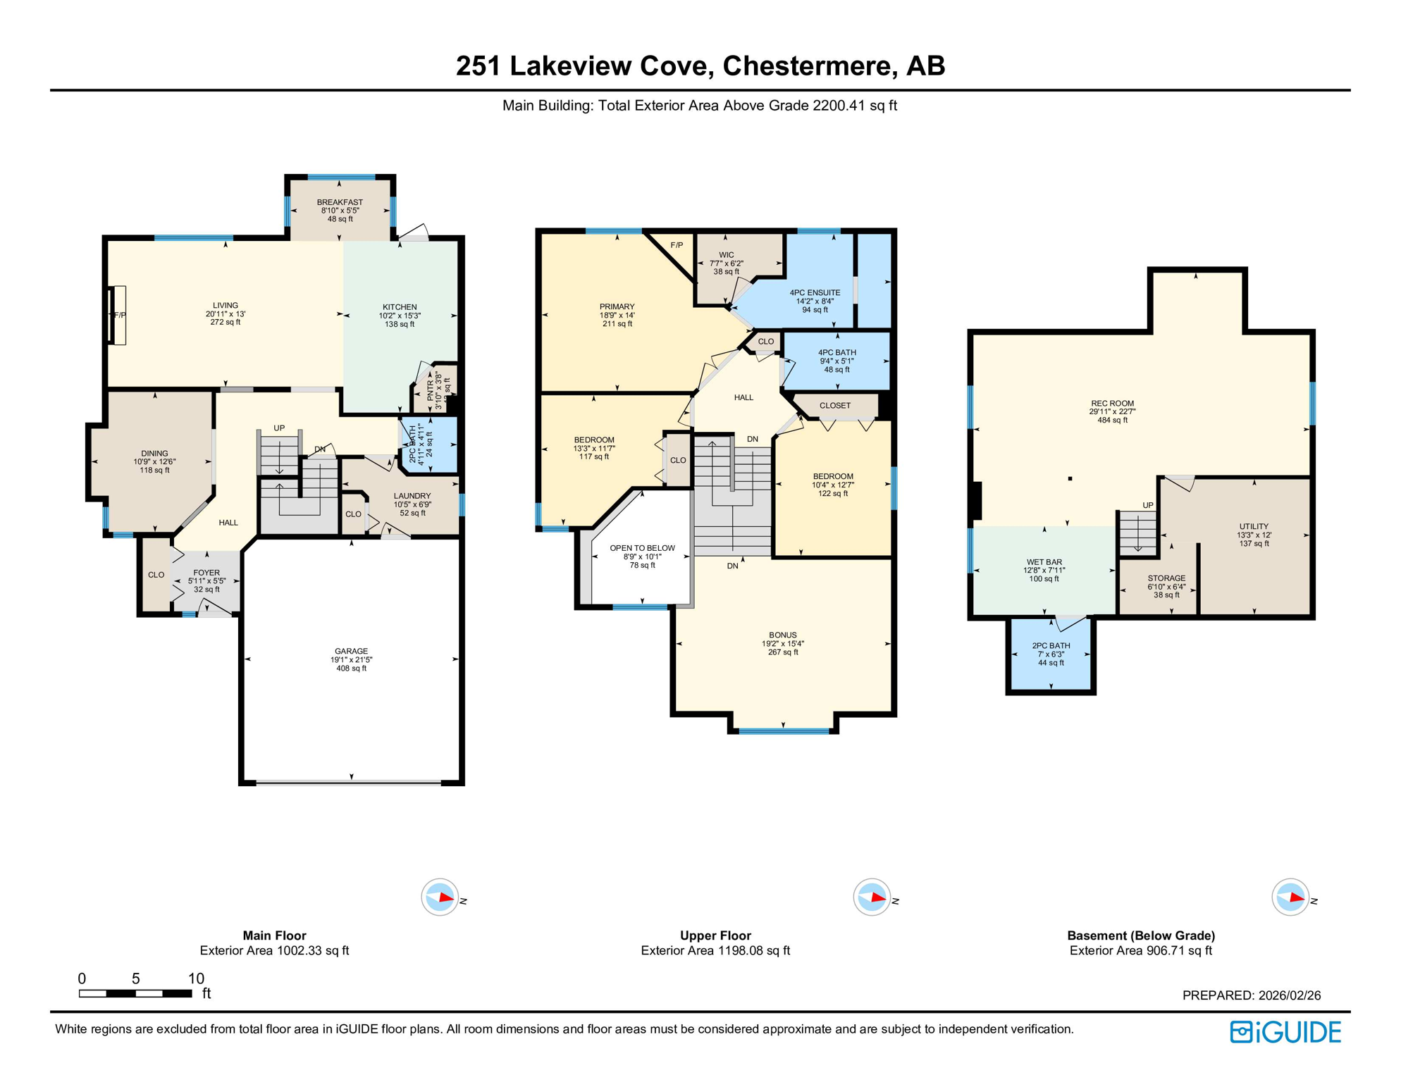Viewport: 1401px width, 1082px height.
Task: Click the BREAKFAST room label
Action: pyautogui.click(x=340, y=202)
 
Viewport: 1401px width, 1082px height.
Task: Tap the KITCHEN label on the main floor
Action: pyautogui.click(x=400, y=307)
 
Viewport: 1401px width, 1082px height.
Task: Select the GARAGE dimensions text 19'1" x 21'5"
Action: pyautogui.click(x=351, y=660)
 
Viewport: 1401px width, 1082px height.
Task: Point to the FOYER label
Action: pyautogui.click(x=206, y=573)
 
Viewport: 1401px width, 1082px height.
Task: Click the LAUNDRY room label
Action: pyautogui.click(x=412, y=496)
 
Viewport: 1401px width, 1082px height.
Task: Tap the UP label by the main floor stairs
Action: pyautogui.click(x=279, y=428)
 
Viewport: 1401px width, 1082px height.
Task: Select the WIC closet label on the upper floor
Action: pyautogui.click(x=727, y=255)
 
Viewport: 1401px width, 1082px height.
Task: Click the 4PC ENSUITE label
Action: pyautogui.click(x=815, y=292)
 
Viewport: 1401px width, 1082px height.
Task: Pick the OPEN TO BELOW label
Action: pyautogui.click(x=642, y=548)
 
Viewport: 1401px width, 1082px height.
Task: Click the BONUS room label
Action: pyautogui.click(x=783, y=635)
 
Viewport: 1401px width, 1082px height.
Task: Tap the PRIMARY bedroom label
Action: pyautogui.click(x=617, y=306)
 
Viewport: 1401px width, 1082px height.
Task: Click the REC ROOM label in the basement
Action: pyautogui.click(x=1112, y=404)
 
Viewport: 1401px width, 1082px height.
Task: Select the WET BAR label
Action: pyautogui.click(x=1044, y=562)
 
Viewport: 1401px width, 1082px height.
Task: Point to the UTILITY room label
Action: pyautogui.click(x=1254, y=526)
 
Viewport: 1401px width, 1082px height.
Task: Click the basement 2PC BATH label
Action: pyautogui.click(x=1051, y=645)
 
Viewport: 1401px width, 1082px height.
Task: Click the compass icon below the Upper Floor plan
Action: pyautogui.click(x=872, y=897)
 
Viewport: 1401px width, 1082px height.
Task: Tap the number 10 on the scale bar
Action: pyautogui.click(x=196, y=978)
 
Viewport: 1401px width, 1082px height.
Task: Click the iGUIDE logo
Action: pyautogui.click(x=1285, y=1032)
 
